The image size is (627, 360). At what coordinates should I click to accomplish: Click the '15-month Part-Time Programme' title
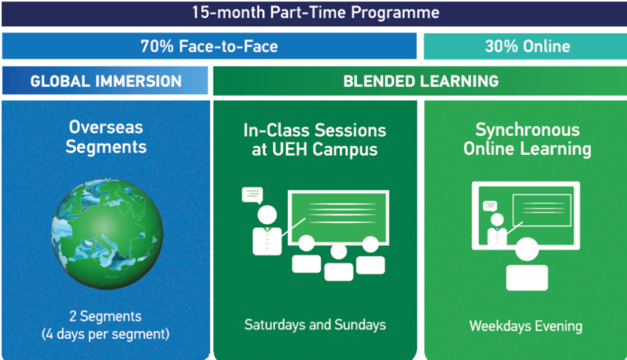[x=315, y=12]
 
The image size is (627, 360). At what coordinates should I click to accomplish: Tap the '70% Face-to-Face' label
[x=209, y=47]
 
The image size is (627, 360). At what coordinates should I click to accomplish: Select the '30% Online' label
[x=527, y=47]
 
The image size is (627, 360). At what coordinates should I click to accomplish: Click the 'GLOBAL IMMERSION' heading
[x=106, y=81]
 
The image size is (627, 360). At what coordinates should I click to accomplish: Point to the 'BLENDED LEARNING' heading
[x=421, y=81]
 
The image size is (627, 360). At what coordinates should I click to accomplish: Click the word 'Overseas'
[x=106, y=127]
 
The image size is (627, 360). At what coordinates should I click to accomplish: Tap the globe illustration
[x=107, y=234]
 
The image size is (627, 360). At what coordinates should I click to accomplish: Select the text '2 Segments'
[x=105, y=316]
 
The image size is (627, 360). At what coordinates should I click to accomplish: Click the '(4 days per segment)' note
[x=105, y=334]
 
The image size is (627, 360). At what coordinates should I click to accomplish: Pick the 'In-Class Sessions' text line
[x=315, y=130]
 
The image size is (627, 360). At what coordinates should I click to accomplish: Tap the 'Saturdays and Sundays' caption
[x=315, y=325]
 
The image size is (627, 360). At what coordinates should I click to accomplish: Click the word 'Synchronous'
[x=527, y=130]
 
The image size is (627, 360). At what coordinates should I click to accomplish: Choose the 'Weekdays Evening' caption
[x=526, y=326]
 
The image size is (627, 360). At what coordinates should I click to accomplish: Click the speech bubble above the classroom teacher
[x=252, y=195]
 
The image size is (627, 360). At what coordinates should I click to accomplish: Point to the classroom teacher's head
[x=267, y=215]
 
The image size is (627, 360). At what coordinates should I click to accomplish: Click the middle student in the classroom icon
[x=339, y=263]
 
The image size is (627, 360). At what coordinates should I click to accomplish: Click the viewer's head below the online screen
[x=527, y=249]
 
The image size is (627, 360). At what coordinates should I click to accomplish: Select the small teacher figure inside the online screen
[x=497, y=229]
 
